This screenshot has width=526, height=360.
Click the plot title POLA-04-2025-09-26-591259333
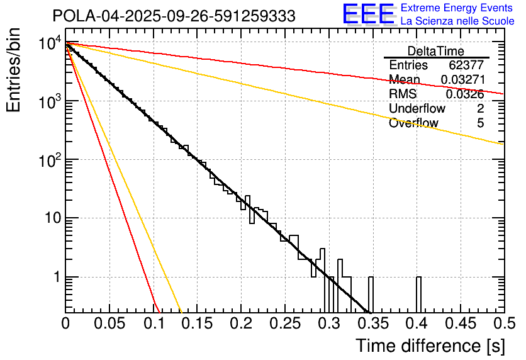(x=174, y=16)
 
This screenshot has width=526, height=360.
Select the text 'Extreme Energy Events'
(x=456, y=9)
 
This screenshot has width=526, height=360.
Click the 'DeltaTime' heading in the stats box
(x=436, y=51)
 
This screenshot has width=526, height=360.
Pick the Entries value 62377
(x=466, y=65)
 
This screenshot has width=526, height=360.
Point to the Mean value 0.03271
(x=462, y=80)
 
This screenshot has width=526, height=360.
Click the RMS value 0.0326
(x=465, y=94)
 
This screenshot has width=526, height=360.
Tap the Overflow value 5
(x=481, y=123)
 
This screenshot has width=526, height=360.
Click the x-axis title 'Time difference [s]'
(x=429, y=346)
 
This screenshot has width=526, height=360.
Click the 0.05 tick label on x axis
(x=109, y=323)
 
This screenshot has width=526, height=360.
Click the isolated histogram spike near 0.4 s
(x=418, y=295)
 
